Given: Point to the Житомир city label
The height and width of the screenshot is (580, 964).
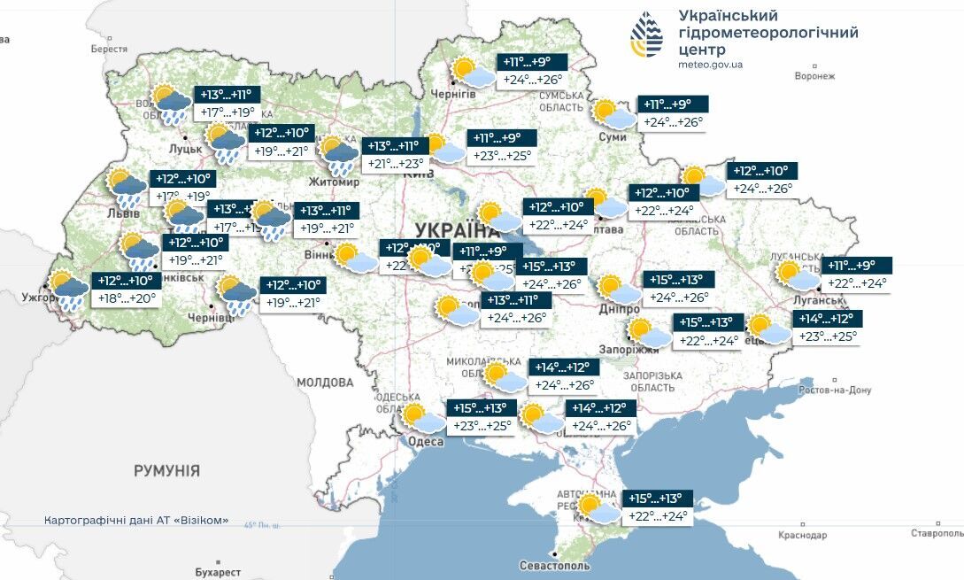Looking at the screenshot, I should [334, 182].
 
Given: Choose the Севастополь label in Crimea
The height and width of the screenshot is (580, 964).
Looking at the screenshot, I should [555, 566].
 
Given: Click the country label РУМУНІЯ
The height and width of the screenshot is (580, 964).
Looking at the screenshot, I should [166, 470].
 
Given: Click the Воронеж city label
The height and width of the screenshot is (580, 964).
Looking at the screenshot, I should [814, 76].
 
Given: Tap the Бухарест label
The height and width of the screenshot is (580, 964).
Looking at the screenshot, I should [217, 572].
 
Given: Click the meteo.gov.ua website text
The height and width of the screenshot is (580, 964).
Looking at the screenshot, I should [710, 65].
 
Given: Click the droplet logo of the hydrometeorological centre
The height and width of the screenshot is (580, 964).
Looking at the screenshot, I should [646, 35].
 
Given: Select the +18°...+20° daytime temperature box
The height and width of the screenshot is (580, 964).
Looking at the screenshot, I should [126, 299].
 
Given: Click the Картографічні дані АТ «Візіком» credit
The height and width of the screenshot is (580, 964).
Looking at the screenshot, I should [136, 520].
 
